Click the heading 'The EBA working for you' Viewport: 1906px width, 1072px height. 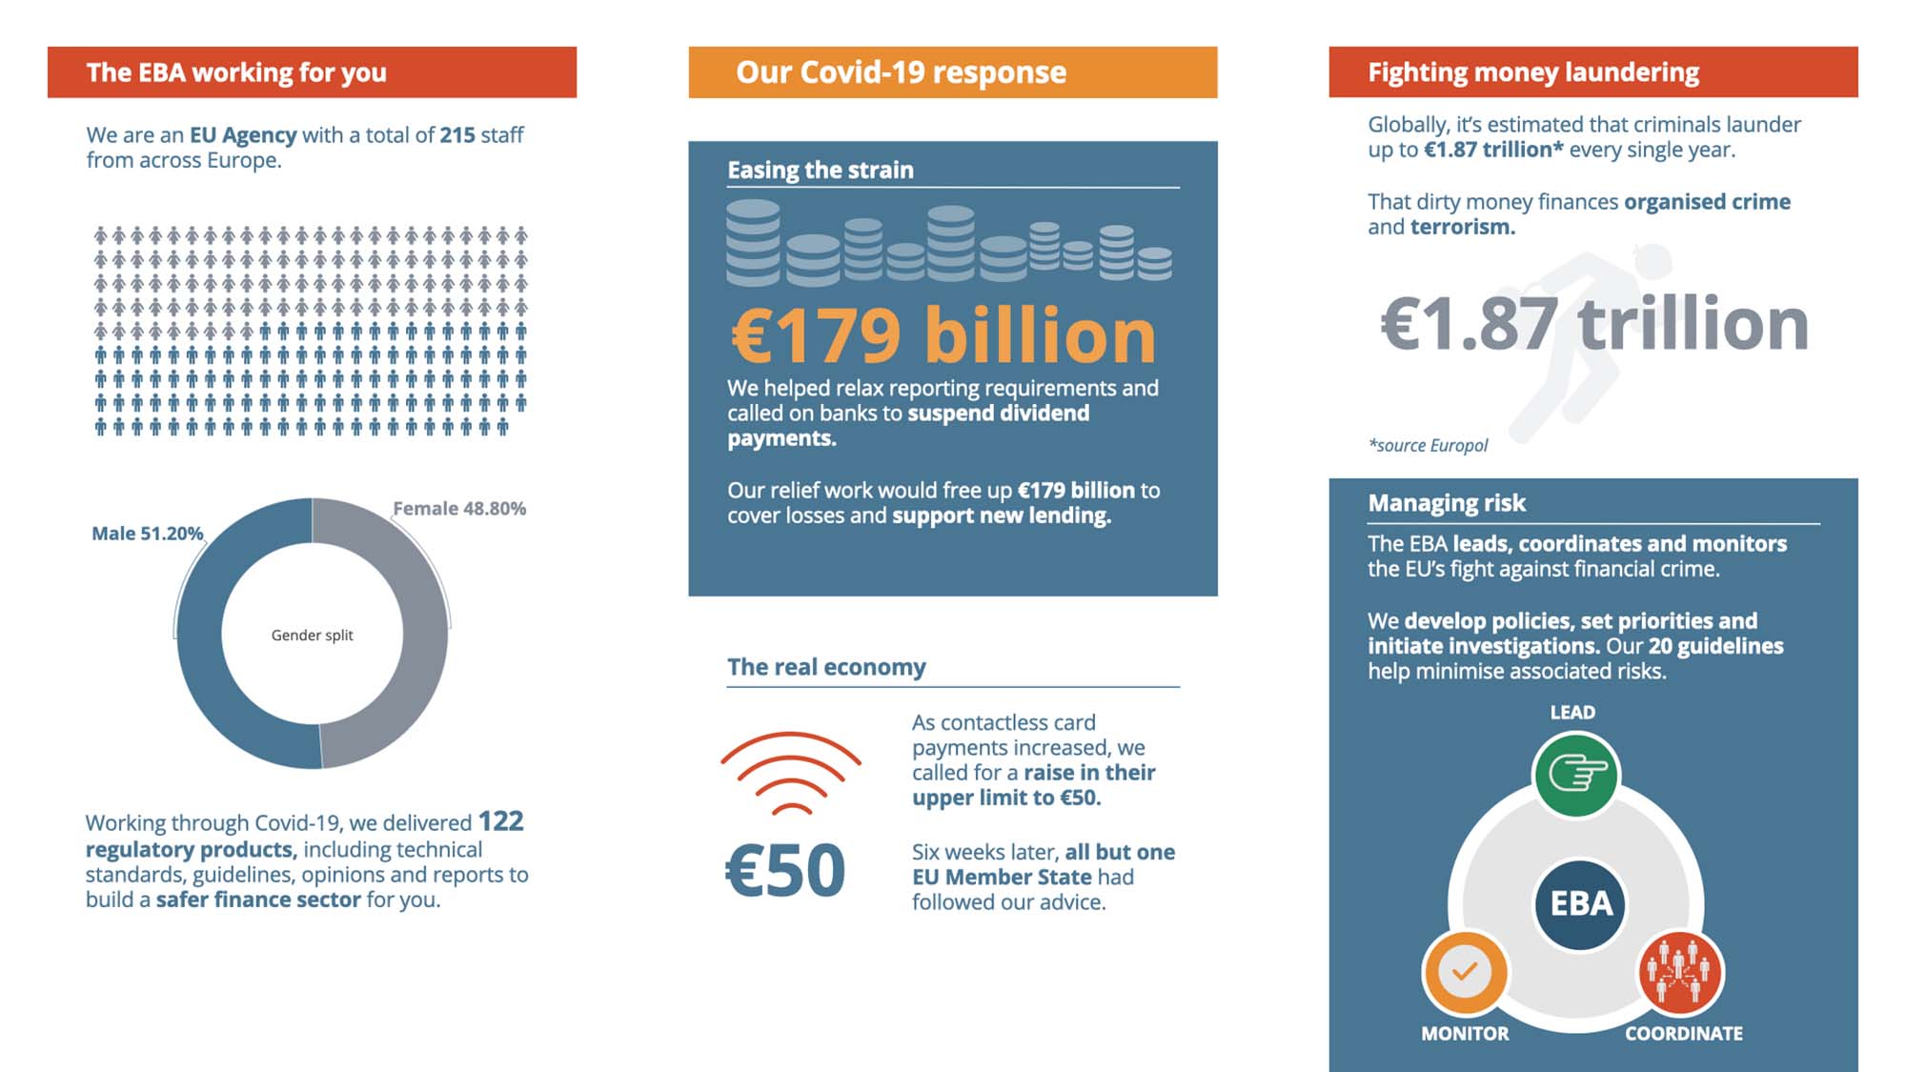[236, 72]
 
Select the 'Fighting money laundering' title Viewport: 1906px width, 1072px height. [1532, 72]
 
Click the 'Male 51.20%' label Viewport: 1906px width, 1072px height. [147, 534]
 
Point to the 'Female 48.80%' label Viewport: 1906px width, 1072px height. [458, 509]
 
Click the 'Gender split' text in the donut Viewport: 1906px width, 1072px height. [312, 636]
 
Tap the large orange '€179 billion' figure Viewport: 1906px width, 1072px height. [943, 335]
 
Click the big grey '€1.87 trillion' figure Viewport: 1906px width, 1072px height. [1593, 324]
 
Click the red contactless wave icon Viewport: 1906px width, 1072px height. [791, 772]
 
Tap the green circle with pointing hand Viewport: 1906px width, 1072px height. [1576, 775]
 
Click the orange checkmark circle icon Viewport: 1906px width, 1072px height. [1465, 972]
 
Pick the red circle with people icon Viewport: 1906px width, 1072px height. [1680, 972]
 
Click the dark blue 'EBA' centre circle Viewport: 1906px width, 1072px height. [1580, 903]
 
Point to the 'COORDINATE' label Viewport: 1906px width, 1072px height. [1683, 1034]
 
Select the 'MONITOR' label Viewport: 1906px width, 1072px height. [1465, 1034]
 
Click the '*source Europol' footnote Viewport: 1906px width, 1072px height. [1428, 445]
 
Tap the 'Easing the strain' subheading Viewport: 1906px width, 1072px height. [820, 171]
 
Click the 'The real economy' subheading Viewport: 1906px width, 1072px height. [826, 667]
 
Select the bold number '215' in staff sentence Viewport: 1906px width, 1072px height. [456, 135]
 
